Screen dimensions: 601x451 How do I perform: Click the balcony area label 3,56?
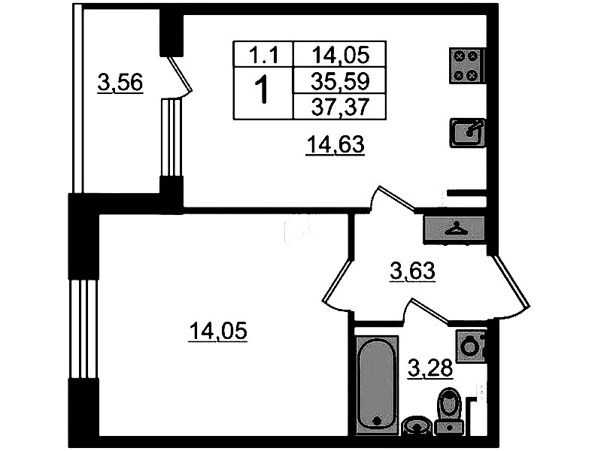(120, 83)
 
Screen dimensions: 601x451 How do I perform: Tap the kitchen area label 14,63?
(335, 145)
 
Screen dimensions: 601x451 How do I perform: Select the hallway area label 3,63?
(412, 271)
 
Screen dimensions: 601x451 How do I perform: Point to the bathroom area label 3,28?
(430, 368)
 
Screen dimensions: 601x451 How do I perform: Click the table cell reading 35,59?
(340, 80)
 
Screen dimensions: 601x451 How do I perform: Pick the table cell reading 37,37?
(340, 106)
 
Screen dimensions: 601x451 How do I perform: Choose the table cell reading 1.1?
(263, 54)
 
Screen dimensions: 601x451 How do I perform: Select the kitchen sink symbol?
(468, 133)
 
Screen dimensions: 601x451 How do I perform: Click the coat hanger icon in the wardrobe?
(455, 229)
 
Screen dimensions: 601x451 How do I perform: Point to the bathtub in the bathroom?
(377, 385)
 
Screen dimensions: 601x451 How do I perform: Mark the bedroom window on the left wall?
(83, 328)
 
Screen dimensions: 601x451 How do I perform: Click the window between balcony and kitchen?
(171, 137)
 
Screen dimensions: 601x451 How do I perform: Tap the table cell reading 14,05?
(340, 54)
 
